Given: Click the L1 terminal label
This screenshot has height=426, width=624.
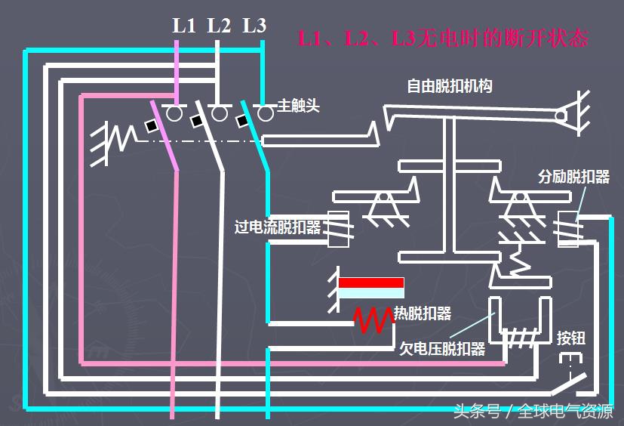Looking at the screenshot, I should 183,26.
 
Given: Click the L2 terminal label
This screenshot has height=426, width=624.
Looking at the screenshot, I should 219,26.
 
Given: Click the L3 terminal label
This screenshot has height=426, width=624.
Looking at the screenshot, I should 254,26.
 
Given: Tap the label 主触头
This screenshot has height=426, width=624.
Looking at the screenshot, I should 298,106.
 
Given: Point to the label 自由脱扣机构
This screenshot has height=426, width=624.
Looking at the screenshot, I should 449,86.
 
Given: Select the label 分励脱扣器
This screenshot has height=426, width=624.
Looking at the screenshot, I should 573,177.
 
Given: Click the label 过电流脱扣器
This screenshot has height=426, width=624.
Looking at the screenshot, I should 278,227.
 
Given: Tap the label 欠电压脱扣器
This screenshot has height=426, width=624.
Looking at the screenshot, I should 441,350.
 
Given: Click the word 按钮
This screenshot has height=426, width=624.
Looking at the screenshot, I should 570,338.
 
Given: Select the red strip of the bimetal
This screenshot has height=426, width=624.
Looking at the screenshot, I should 370,282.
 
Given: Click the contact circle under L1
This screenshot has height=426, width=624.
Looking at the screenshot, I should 174,114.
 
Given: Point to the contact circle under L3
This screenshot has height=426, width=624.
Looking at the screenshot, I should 265,114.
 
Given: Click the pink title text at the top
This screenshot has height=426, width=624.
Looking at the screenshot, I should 442,39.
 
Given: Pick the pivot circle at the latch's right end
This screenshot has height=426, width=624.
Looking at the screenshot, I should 562,116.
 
